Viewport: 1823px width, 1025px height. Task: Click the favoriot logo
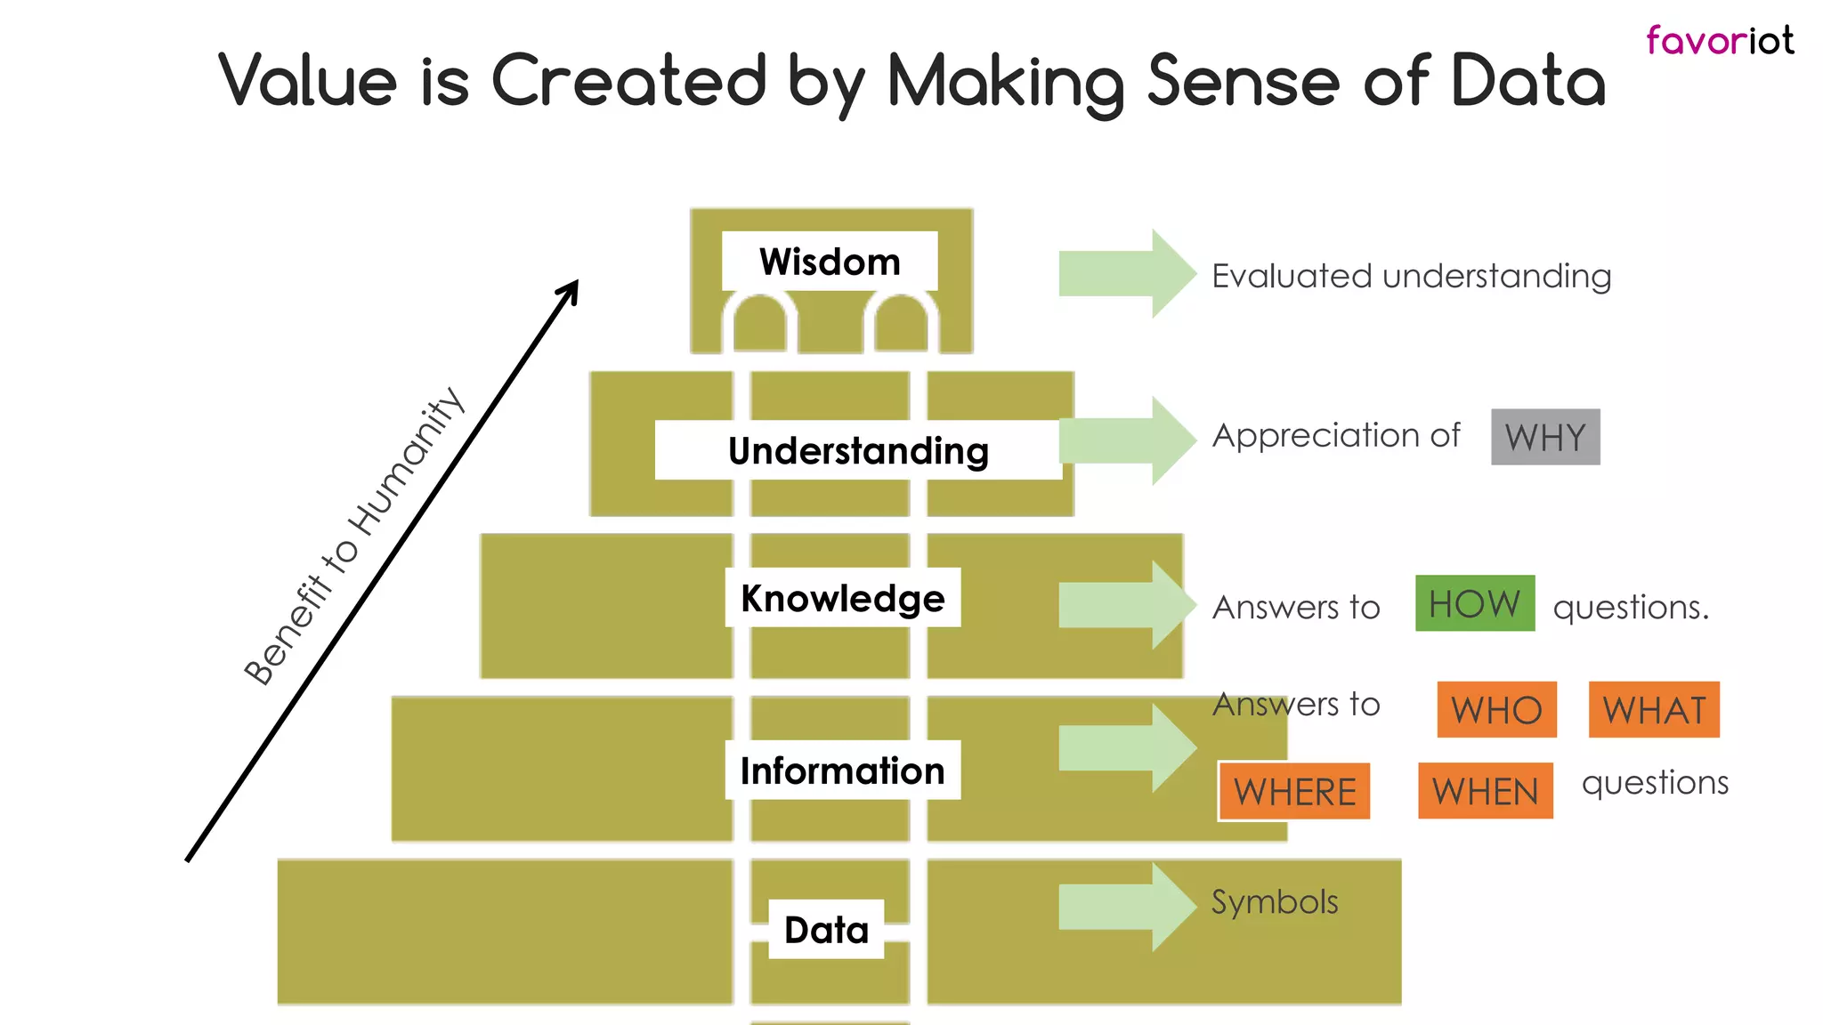(1719, 41)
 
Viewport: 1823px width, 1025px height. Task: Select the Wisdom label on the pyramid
(830, 262)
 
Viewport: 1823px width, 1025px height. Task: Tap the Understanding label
(858, 450)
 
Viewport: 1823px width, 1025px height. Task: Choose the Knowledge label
(842, 598)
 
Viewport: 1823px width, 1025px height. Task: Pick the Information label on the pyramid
(842, 771)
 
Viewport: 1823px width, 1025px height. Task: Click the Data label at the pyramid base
(826, 930)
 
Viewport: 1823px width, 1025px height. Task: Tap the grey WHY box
(1545, 437)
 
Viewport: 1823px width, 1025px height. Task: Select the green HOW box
(1475, 604)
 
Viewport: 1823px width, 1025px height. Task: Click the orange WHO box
(1496, 710)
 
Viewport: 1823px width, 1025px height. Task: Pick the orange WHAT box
(1654, 710)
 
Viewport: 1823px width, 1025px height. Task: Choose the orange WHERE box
(1294, 791)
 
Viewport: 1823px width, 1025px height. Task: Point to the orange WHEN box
(1485, 791)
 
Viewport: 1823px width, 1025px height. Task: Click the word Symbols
(1275, 902)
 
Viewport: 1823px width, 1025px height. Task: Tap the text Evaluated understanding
(1411, 277)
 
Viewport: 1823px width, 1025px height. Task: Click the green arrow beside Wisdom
(1127, 274)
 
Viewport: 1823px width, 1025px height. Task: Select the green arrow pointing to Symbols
(1127, 908)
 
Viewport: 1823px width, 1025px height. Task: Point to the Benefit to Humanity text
(354, 537)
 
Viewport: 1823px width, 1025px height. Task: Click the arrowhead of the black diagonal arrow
(571, 290)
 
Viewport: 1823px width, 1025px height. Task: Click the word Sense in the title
(1244, 81)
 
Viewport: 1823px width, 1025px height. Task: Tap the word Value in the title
(308, 81)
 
